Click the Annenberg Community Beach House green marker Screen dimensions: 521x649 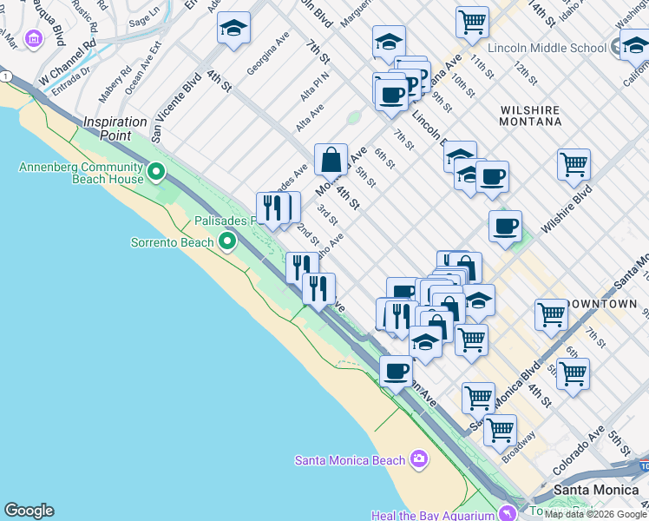click(156, 172)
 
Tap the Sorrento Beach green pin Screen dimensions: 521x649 click(227, 241)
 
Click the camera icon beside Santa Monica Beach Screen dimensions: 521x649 click(419, 458)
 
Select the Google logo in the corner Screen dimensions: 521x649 click(29, 511)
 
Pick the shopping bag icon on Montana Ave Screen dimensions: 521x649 click(331, 160)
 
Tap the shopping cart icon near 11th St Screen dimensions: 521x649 click(472, 22)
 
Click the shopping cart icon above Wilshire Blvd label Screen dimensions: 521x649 click(574, 164)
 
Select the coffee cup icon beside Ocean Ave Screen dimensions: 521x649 click(397, 372)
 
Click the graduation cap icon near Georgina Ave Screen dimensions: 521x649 click(233, 29)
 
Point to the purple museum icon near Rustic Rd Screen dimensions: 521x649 click(34, 38)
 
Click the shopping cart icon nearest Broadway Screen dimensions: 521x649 click(500, 429)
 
